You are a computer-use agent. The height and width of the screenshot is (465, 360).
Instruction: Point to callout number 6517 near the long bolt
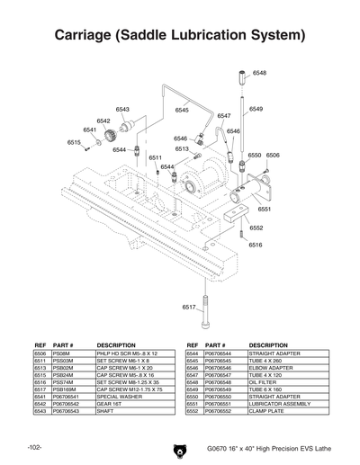coord(189,307)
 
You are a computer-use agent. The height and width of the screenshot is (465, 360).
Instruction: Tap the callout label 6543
coord(122,109)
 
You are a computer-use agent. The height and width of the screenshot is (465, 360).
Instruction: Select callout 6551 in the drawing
coord(265,209)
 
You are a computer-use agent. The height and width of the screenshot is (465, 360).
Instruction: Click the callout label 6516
coord(256,245)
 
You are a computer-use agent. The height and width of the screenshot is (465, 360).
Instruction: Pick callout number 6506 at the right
coord(273,155)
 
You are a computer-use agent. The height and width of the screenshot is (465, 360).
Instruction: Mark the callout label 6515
coord(75,142)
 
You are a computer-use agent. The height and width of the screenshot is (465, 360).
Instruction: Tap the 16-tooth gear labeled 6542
coord(109,136)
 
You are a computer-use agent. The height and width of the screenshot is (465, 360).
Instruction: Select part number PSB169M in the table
coord(64,389)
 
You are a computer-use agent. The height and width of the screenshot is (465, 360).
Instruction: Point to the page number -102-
coord(35,447)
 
